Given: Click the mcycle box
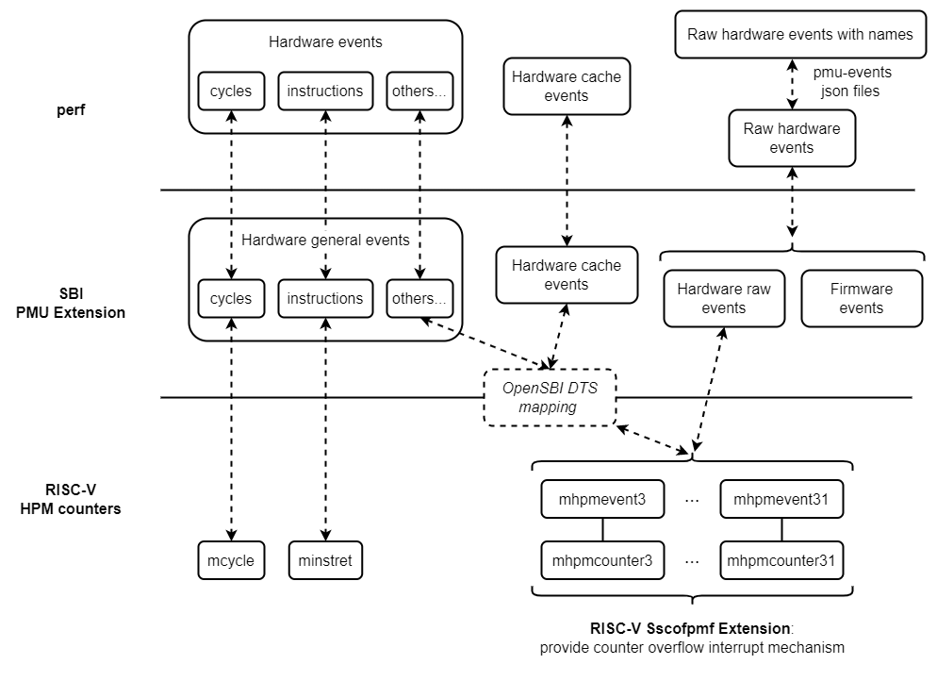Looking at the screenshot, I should tap(231, 561).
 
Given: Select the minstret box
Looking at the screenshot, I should tap(325, 561).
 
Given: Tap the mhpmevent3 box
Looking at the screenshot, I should tap(603, 499).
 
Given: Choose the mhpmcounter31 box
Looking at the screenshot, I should tap(781, 560).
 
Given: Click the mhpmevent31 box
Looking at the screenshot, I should tap(781, 499).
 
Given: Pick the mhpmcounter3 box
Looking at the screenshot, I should tap(603, 560).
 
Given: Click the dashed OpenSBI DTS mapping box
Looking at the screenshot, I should tap(551, 396).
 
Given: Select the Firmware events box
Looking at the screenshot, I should tap(862, 298).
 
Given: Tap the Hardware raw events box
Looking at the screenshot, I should tap(724, 298).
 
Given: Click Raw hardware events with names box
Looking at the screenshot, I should tap(800, 35).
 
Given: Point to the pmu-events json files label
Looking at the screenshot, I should tap(852, 81).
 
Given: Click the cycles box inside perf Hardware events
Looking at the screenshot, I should tap(231, 91).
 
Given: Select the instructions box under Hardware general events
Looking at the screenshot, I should tap(325, 298).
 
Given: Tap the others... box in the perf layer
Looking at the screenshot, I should tap(419, 91).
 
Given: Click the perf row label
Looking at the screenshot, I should tap(72, 111).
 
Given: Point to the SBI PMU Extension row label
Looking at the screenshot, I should tap(71, 302).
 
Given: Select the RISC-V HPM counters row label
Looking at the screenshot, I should tap(72, 499).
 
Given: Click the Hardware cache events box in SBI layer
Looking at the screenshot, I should tap(567, 274).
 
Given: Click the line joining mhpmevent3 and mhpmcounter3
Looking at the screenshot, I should tap(603, 529).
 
